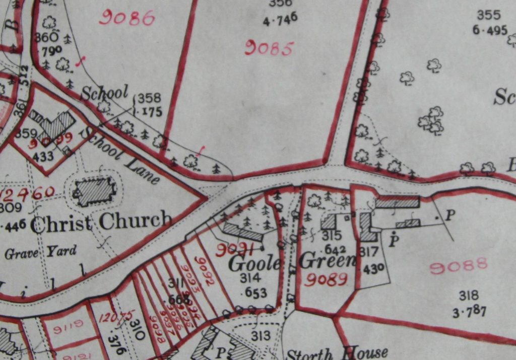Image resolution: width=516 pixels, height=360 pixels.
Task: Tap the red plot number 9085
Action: tap(269, 49)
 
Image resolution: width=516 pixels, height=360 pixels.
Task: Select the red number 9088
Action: tap(459, 265)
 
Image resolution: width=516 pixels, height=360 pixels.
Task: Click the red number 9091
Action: tap(236, 249)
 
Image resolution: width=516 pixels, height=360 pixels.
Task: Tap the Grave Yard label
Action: tap(41, 251)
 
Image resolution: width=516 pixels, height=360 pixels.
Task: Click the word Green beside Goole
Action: tap(328, 261)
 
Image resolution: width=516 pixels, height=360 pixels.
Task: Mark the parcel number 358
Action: tap(149, 98)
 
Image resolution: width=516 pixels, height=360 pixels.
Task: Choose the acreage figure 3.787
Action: tap(469, 312)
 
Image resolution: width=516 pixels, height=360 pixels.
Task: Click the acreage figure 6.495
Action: tap(490, 30)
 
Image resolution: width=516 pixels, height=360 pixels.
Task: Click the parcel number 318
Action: tap(469, 296)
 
